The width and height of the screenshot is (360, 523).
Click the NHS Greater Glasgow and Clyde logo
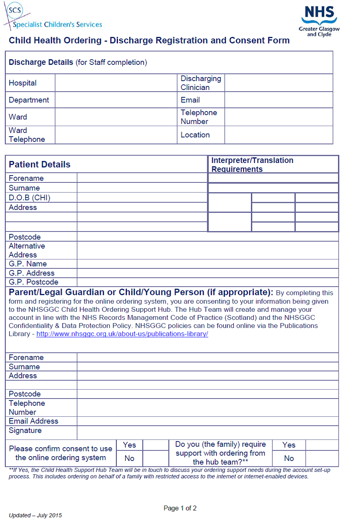319,21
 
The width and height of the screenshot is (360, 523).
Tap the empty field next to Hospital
116,83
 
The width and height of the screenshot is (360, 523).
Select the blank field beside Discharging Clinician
279,83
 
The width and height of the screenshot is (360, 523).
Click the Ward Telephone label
27,135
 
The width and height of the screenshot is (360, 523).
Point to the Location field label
195,135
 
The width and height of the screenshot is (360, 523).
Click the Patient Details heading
40,164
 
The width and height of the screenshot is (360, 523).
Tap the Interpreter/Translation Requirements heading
252,165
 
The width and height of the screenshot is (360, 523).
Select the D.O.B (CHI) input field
142,197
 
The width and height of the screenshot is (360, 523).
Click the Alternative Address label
27,250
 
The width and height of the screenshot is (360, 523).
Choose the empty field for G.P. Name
208,264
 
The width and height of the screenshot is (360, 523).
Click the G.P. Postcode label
33,282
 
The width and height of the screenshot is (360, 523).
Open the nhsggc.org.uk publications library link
122,334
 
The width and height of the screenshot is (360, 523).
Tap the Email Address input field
208,421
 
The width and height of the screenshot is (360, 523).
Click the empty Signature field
208,432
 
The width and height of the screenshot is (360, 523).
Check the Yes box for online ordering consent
156,445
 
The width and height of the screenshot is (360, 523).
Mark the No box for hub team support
322,458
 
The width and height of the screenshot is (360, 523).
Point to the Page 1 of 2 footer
180,508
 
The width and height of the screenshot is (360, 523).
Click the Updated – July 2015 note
35,515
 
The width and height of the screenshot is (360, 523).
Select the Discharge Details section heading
77,62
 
